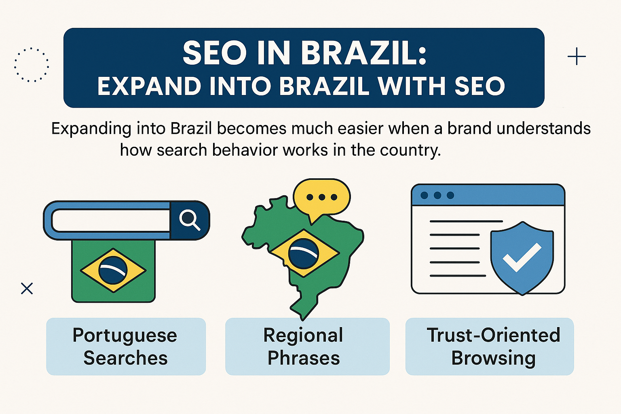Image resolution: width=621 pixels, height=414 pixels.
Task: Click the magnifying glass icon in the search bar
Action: pos(190,220)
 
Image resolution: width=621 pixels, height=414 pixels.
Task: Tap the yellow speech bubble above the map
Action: pos(322,197)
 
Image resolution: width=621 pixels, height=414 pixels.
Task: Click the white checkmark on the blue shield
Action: pos(522,257)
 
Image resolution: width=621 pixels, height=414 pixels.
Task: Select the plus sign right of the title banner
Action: pos(577,56)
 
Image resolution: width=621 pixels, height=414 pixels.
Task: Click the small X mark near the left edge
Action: pos(27,288)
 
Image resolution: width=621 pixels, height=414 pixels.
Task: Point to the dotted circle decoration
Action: pos(32,65)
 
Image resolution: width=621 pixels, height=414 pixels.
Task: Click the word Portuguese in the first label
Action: pos(125,336)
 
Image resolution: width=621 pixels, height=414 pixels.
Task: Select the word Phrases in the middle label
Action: pos(304,358)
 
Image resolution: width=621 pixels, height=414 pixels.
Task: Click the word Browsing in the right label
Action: pos(493,358)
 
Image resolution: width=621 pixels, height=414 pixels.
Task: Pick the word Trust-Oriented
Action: pos(493,335)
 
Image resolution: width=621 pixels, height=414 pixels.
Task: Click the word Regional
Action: pos(303,335)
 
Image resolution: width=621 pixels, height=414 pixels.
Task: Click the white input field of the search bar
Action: pos(111,220)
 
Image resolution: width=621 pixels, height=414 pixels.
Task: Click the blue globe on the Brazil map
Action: pos(304,253)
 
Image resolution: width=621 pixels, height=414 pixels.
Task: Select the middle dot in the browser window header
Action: pos(437,195)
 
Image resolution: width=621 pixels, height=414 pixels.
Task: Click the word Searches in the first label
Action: pos(125,358)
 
